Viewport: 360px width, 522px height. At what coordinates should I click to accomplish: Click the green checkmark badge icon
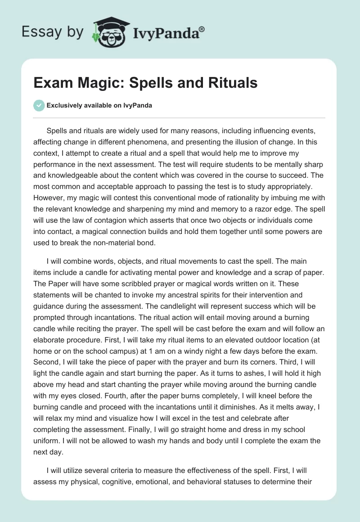pyautogui.click(x=39, y=105)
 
